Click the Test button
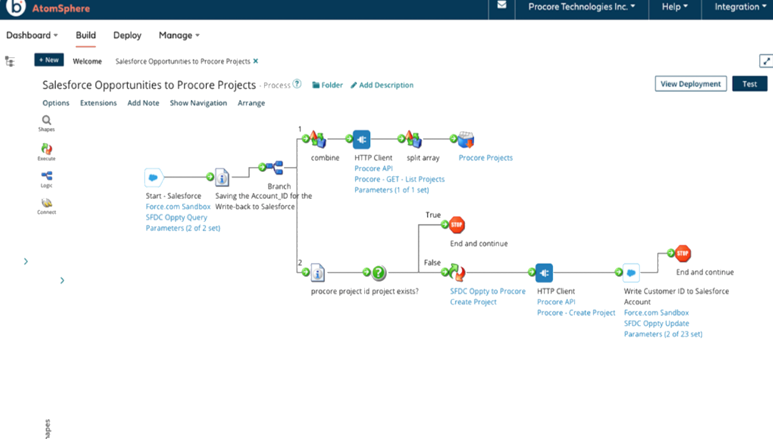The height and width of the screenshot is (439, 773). pos(749,84)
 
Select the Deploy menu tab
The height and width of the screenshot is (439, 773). pos(127,35)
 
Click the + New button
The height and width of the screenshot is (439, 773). pos(49,60)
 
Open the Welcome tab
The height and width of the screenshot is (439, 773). pos(87,61)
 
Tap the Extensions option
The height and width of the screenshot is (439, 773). pos(98,103)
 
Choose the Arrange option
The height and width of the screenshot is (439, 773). pos(251,103)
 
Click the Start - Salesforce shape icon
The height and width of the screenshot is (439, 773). pos(153,178)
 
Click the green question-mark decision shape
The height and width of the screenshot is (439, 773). pos(378,272)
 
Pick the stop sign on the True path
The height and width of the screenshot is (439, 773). pos(456,225)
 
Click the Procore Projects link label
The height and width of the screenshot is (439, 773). pos(485,158)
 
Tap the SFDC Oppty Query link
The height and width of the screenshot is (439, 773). pos(176,217)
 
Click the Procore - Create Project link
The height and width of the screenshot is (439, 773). pos(576,313)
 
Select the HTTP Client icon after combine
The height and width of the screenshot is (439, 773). pos(361,139)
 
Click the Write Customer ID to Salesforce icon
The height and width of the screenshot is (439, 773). pos(631,273)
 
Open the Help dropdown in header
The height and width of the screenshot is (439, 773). pos(674,7)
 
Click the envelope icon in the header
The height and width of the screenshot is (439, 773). pos(502,5)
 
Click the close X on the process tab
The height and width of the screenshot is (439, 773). pos(255,61)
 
